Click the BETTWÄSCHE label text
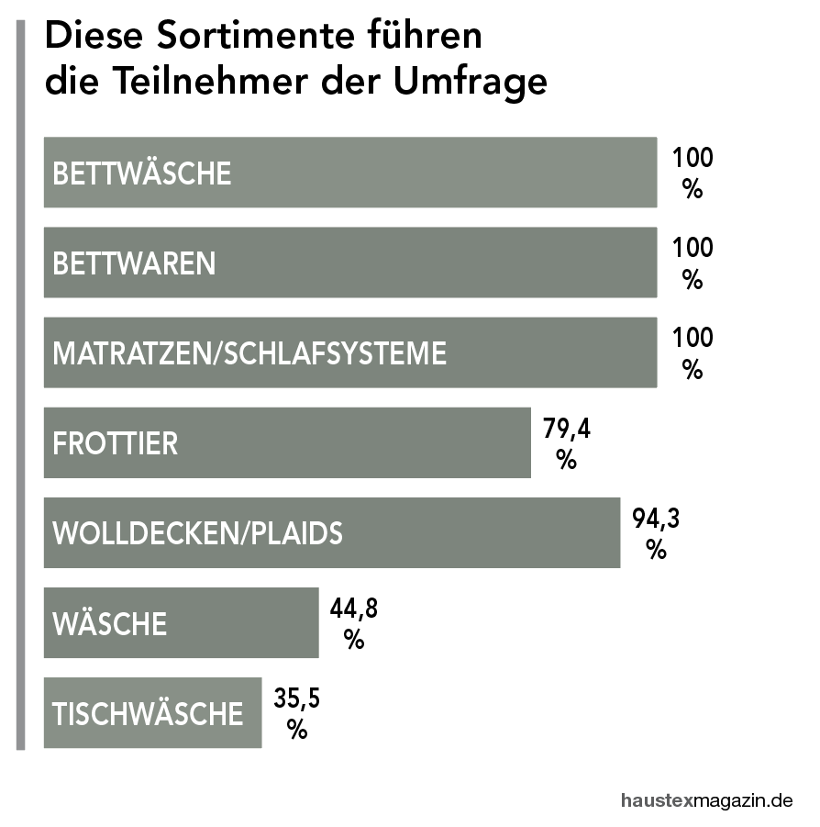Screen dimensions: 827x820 coord(142,173)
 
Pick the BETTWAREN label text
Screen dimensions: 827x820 coord(135,263)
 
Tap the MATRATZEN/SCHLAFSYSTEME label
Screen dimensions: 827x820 coord(249,353)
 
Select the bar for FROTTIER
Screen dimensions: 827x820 coord(287,442)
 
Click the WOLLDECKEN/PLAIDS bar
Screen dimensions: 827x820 coord(331,532)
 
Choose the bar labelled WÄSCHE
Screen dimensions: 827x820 coord(181,623)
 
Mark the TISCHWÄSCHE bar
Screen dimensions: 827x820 coord(152,713)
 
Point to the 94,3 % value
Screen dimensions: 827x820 coord(656,533)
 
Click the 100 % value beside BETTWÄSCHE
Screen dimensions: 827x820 coord(692,173)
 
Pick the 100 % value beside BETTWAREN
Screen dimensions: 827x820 coord(692,263)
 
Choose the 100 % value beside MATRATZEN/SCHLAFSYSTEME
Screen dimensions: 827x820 coord(692,353)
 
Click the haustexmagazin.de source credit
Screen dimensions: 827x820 coord(705,799)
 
